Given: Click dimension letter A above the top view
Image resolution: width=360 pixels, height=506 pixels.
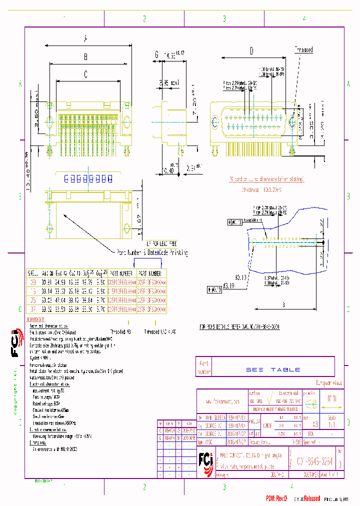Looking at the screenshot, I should (x=85, y=38).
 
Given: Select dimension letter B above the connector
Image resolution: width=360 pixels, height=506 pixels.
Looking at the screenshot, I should (x=85, y=56).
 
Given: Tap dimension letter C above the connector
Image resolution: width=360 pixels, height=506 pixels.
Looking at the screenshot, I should (x=85, y=75).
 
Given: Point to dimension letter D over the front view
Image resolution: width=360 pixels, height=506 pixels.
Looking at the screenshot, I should (x=251, y=50).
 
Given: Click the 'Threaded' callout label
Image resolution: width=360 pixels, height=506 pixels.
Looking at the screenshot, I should (x=303, y=50).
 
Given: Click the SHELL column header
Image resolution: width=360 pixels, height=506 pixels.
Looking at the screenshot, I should (x=32, y=273).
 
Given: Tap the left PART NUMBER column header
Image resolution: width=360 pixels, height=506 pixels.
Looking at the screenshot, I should (x=120, y=273).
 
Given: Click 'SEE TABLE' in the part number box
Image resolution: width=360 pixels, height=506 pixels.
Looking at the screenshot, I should (x=273, y=369).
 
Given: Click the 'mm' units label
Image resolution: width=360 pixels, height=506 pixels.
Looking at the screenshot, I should (x=331, y=399).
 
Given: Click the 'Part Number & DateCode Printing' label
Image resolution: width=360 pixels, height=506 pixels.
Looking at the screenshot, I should (x=152, y=253).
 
